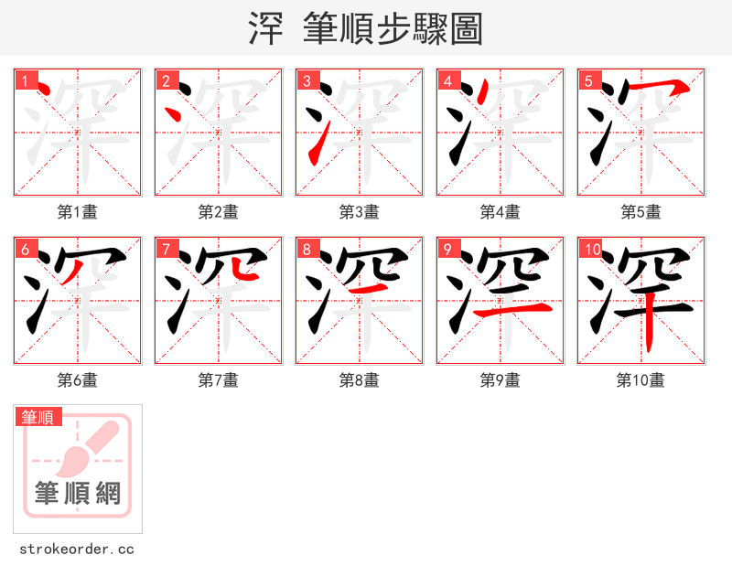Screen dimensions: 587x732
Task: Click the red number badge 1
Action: coord(25,80)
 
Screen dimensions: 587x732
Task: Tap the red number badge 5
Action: coord(588,80)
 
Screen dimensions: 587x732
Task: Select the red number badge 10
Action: coord(591,249)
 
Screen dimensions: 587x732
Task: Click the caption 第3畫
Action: coord(359,212)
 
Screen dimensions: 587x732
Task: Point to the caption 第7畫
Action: coord(218,380)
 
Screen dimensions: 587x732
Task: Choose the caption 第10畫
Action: coord(640,380)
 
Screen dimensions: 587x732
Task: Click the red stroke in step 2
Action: coord(174,115)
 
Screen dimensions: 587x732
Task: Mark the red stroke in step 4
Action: coord(481,92)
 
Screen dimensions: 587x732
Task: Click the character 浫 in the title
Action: coord(265,29)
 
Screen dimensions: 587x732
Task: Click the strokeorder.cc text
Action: coord(77,550)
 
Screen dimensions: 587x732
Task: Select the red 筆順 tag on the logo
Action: coord(38,417)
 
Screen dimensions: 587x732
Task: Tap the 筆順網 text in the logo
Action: coord(78,494)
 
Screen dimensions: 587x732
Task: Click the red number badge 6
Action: coord(25,249)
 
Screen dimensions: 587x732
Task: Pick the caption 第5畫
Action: coord(640,212)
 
